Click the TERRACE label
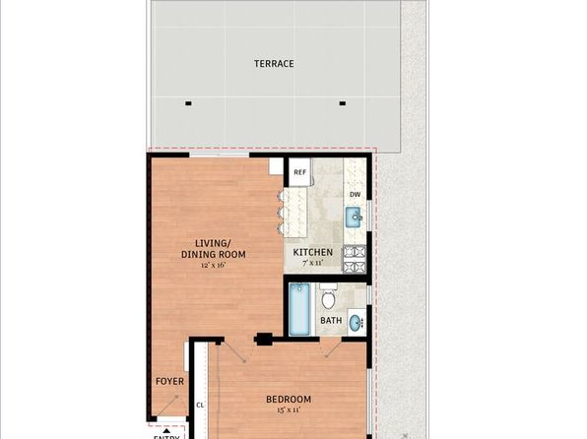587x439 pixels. (x=274, y=64)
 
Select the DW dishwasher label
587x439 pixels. (x=355, y=194)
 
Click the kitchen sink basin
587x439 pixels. (x=355, y=217)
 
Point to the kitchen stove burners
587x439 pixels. (x=355, y=258)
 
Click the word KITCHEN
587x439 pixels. (x=313, y=252)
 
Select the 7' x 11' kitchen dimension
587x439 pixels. (x=312, y=264)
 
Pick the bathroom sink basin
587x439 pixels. (x=356, y=321)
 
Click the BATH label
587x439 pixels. (x=331, y=321)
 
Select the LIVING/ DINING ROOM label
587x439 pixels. (x=213, y=249)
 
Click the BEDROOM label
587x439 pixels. (x=289, y=399)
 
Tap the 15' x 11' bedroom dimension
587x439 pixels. (x=289, y=411)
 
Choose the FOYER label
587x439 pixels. (x=169, y=380)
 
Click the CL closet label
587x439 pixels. (x=200, y=405)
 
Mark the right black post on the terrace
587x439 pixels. (x=343, y=103)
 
